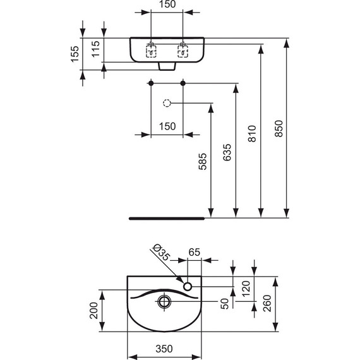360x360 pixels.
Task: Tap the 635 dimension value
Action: click(x=227, y=155)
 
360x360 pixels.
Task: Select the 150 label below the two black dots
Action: click(x=167, y=126)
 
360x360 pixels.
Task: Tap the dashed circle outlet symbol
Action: click(x=167, y=103)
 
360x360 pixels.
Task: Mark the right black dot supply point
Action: click(x=183, y=83)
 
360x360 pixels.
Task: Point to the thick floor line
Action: click(x=167, y=217)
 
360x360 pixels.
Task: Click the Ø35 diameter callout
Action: click(x=161, y=254)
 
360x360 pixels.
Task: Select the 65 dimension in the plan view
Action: click(x=194, y=252)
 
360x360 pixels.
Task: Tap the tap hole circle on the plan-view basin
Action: click(x=188, y=287)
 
